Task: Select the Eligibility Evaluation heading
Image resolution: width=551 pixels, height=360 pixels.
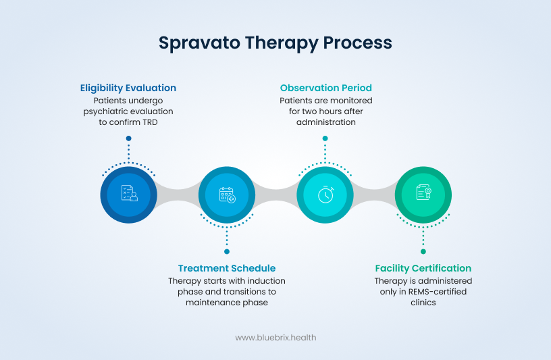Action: point(128,88)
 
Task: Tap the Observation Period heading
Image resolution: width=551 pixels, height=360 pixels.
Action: point(325,88)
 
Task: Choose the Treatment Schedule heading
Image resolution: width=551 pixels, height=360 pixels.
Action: point(227,268)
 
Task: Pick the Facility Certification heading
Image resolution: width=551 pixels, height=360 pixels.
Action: point(423,268)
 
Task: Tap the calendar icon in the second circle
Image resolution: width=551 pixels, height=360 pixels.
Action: point(227,195)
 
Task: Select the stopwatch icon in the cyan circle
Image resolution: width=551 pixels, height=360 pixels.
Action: point(325,195)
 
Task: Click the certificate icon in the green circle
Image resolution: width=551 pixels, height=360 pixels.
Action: point(423,194)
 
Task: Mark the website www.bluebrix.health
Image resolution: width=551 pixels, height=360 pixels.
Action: point(275,337)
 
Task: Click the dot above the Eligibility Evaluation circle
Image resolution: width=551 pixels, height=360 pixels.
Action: point(128,138)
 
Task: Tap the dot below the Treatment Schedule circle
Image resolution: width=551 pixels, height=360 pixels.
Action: point(227,251)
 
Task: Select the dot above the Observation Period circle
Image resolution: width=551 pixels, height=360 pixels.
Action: point(325,138)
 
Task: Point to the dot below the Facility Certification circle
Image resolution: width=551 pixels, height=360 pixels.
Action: point(423,251)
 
